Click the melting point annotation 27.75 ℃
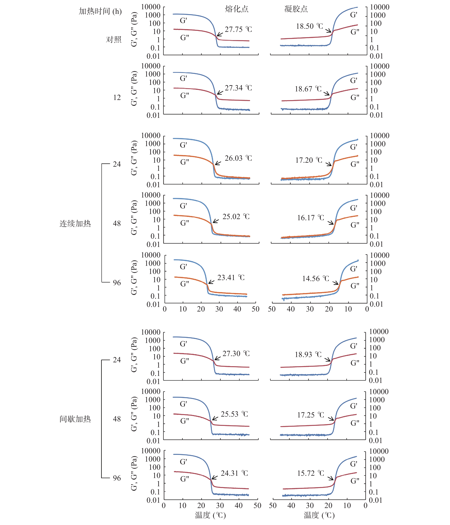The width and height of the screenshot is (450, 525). (x=238, y=29)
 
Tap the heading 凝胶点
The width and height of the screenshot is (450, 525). (x=296, y=9)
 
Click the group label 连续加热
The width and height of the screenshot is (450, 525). (x=75, y=224)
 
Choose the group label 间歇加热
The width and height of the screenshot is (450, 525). (x=75, y=419)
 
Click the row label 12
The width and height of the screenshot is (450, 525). (x=117, y=97)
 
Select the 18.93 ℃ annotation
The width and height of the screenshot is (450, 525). (x=308, y=354)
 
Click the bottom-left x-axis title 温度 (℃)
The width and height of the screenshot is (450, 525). (x=210, y=515)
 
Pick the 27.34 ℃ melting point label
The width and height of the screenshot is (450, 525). (x=238, y=88)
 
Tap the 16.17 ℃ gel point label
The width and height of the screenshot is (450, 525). (x=310, y=218)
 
